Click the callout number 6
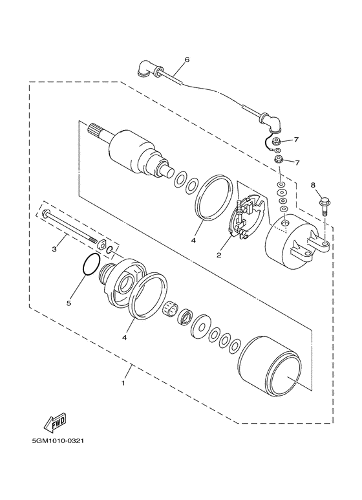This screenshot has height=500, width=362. (x=187, y=60)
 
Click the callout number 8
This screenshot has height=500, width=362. (x=313, y=185)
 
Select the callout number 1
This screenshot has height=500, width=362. (x=123, y=383)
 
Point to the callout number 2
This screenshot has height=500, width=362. (x=218, y=255)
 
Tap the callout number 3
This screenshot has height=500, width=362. (x=54, y=249)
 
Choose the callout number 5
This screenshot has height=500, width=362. (x=69, y=303)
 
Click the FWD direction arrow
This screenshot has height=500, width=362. (x=55, y=421)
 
